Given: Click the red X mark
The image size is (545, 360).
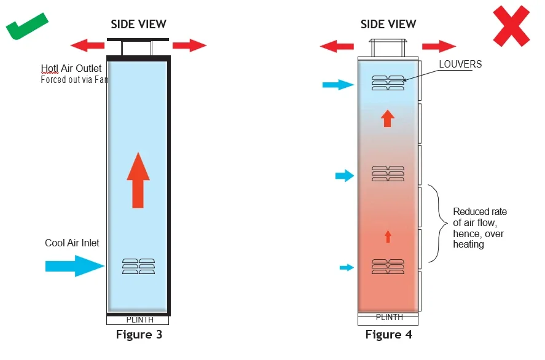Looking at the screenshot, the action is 511,26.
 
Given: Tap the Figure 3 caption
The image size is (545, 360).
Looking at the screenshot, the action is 139,334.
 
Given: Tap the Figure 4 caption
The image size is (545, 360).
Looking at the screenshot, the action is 388,334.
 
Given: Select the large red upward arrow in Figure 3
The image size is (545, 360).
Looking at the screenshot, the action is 138,181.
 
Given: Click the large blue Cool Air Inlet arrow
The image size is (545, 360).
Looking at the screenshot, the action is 75,266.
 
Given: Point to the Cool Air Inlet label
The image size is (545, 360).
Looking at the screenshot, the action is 72,243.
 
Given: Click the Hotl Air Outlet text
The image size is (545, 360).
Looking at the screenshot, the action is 71,68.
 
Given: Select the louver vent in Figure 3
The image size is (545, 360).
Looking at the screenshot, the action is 138,267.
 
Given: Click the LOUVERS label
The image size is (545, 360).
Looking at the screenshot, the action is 460,65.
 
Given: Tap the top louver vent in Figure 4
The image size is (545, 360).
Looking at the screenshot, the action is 388,83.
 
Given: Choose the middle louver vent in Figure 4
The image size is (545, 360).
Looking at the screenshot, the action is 388,173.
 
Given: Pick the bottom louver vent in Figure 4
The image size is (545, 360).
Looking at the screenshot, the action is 388,267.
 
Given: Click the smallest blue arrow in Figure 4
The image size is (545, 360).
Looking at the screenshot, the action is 347,267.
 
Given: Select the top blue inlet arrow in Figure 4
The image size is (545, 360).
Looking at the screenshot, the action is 338,84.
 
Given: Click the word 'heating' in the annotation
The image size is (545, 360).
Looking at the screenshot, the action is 468,245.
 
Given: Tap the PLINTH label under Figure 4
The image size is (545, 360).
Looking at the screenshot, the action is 390,317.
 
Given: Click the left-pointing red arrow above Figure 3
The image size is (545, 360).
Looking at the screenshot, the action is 87,45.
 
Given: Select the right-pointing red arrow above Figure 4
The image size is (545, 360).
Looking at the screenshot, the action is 439,46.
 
